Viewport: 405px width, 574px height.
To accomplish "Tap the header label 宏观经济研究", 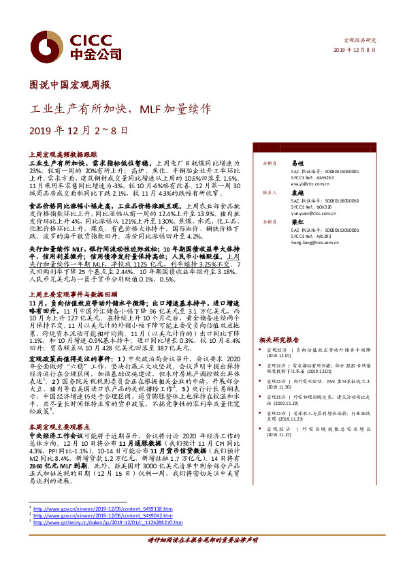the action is (x=359, y=41).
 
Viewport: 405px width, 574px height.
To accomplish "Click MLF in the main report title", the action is (x=154, y=108).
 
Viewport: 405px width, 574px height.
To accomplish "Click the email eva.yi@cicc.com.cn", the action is (x=314, y=183).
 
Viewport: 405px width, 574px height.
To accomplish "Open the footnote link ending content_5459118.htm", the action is (x=98, y=509).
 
